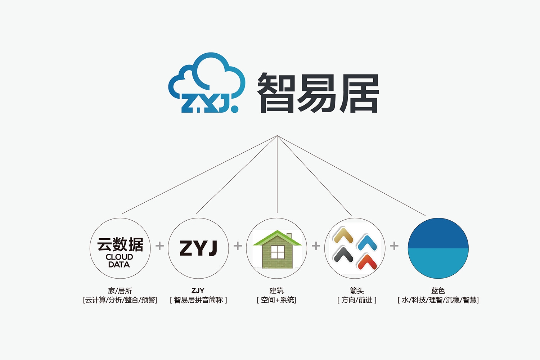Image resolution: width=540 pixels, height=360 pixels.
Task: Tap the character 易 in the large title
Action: coord(317,93)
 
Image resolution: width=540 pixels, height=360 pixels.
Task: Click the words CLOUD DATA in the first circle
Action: coord(119,261)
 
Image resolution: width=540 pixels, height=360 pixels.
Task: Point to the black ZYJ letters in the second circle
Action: coord(198,248)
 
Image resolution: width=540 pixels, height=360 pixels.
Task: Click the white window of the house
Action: coord(278,252)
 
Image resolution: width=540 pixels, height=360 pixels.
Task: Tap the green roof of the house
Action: coord(277,238)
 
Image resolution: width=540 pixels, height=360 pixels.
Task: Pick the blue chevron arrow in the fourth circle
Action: coord(367,243)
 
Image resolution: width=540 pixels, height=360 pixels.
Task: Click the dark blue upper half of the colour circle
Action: coord(438,233)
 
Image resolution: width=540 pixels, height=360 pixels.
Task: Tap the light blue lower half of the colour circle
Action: coord(438,263)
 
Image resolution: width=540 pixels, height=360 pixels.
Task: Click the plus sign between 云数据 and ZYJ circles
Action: coord(159,246)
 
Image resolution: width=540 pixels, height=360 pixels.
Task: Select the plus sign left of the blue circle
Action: coord(394,246)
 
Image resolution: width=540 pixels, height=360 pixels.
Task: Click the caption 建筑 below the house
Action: coord(276,291)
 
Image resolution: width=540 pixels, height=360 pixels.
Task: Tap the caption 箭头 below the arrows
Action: coord(357,291)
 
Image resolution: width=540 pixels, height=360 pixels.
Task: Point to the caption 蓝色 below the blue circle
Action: coord(438,291)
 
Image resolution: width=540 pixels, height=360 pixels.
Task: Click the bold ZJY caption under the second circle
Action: coord(198,291)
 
